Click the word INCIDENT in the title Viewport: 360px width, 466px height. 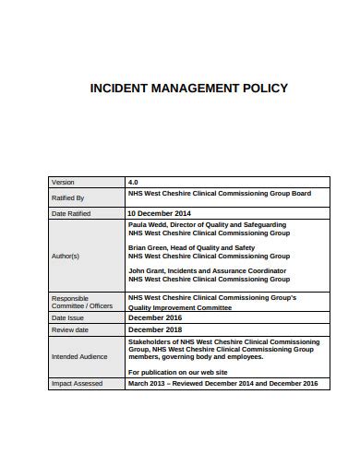(x=115, y=90)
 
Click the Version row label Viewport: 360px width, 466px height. (x=64, y=183)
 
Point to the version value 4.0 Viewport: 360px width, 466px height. (x=133, y=183)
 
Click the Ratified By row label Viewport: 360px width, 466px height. (x=68, y=197)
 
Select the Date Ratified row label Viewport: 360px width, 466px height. (x=72, y=213)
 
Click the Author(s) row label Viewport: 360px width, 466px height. (x=66, y=256)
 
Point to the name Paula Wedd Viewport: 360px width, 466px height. (x=149, y=224)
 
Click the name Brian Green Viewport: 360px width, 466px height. (x=150, y=247)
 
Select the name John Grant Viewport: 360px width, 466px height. (x=147, y=269)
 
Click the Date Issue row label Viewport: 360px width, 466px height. (x=67, y=317)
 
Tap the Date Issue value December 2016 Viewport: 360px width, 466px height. (x=156, y=317)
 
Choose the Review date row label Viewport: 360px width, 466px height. (x=70, y=329)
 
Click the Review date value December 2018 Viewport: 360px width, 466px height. (x=156, y=329)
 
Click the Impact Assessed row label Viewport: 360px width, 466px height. (x=77, y=383)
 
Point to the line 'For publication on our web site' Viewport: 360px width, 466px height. (x=177, y=371)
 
